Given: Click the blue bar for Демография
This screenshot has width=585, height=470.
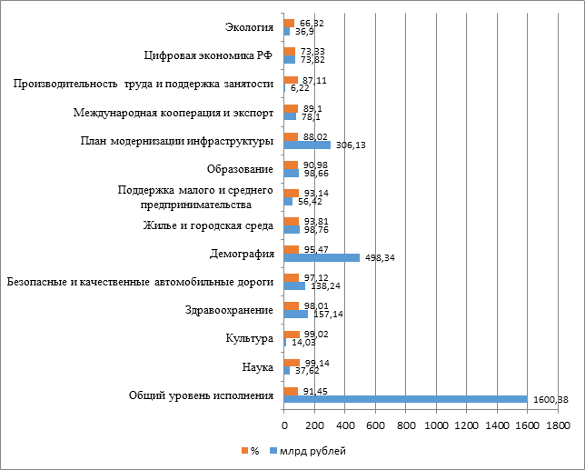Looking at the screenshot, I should (x=322, y=257).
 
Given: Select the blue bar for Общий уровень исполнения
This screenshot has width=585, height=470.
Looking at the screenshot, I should (x=405, y=398).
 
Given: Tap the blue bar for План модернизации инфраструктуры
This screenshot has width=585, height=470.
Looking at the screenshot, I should (x=307, y=145).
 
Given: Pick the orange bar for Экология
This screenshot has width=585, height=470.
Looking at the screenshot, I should (x=289, y=24).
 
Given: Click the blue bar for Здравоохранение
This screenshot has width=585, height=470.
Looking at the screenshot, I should (x=296, y=315).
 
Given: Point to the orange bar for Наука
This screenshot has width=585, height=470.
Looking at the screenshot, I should (x=292, y=363).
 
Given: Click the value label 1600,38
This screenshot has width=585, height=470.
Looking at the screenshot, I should (x=549, y=400).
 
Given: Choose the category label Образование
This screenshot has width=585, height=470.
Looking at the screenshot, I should (x=240, y=169).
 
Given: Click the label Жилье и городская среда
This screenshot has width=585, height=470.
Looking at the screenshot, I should (x=209, y=225).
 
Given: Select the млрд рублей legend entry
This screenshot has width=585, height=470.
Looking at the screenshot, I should (x=308, y=450).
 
